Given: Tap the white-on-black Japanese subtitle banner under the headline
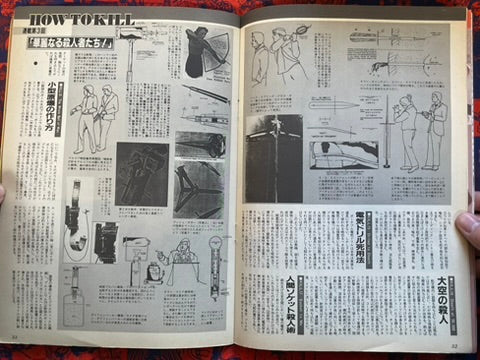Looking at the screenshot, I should (85, 43).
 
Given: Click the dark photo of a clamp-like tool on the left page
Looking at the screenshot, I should (140, 170).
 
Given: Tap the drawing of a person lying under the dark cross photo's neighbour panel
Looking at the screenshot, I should (340, 155).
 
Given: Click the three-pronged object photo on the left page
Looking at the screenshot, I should (199, 190).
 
